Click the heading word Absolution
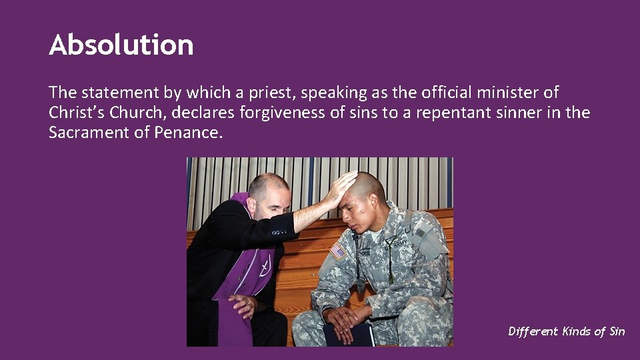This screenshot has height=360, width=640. coord(121,45)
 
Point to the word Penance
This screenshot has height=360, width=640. coord(187,132)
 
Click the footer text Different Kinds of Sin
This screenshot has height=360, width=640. coord(566,331)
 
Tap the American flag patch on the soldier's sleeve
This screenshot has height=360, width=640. coord(338,251)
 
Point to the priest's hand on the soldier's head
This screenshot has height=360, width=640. coord(340,187)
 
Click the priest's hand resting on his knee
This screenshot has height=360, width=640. coord(243,305)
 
